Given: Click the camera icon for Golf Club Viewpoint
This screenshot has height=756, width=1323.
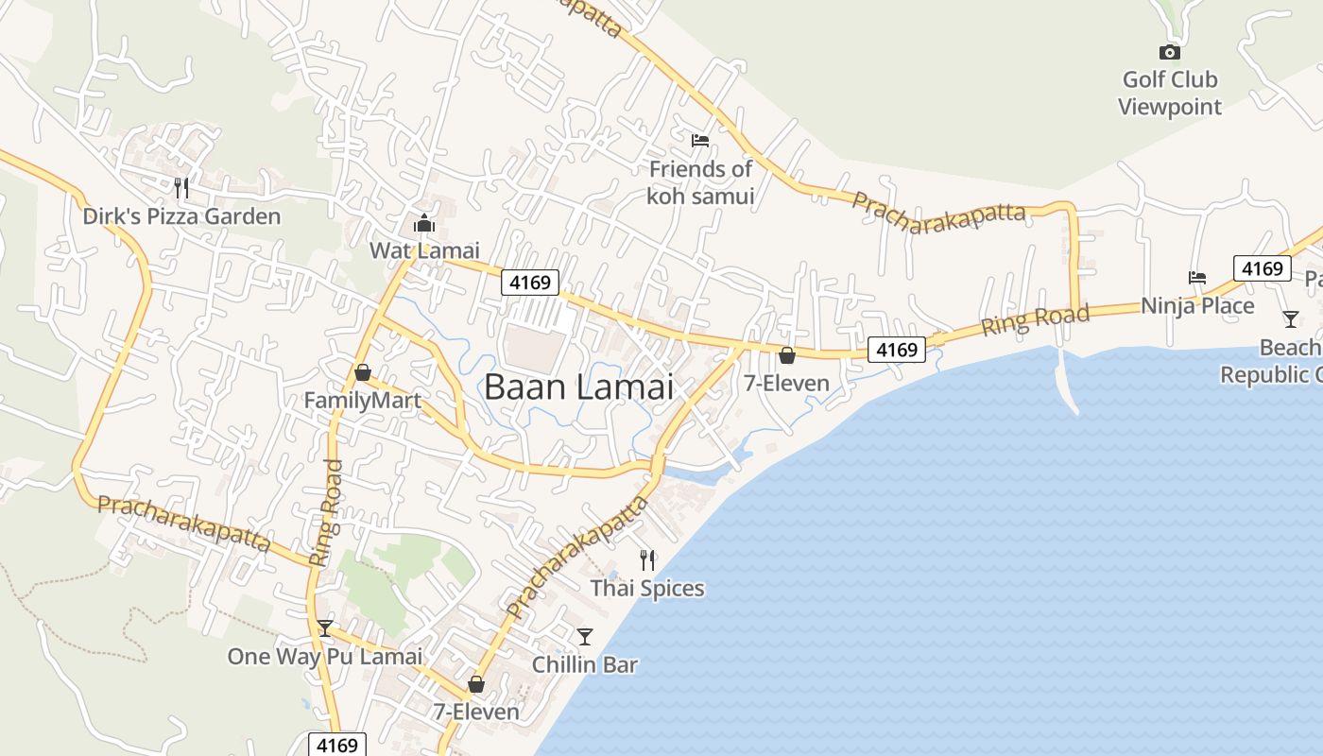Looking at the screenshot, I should [1170, 53].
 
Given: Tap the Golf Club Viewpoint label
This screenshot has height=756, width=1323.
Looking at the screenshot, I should [1170, 93].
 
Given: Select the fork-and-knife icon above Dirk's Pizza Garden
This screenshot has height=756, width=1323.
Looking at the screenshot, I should [181, 188].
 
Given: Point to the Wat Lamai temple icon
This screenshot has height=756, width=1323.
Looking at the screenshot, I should [423, 224].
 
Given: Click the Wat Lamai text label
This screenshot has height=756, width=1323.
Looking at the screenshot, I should [424, 250].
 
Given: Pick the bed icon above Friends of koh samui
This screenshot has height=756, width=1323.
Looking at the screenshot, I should [700, 141].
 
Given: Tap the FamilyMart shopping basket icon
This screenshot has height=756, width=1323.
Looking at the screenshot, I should [363, 372].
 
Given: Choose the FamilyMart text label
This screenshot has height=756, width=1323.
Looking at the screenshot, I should [362, 401].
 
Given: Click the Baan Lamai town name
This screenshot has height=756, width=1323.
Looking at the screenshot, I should [578, 387].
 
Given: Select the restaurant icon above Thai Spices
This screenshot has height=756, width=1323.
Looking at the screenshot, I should [647, 559].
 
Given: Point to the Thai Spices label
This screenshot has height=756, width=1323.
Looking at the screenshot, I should [647, 589].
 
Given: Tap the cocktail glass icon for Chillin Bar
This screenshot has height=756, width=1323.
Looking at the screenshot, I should [585, 636].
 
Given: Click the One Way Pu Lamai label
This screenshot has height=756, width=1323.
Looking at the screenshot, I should [324, 657].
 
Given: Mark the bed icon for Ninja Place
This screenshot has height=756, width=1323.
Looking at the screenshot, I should [1197, 278].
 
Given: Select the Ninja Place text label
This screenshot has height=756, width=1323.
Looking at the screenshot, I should [1197, 306].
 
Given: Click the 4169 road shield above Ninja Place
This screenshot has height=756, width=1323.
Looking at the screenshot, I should [1263, 268].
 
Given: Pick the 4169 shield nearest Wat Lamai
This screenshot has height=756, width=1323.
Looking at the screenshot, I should [530, 282].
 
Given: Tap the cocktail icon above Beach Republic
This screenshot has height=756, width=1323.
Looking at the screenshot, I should [1291, 319].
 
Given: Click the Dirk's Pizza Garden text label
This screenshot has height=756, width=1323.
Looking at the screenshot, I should [181, 216].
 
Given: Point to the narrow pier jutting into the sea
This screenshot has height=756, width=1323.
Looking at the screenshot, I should [1068, 383].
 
